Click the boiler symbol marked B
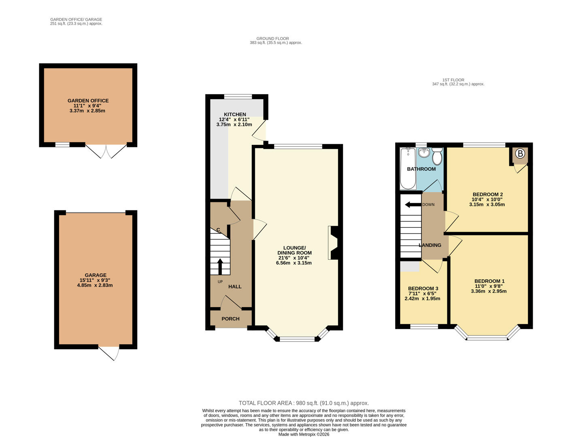pyautogui.click(x=520, y=154)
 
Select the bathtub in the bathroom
pyautogui.click(x=407, y=169)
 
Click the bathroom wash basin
pyautogui.click(x=424, y=153)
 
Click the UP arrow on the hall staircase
pyautogui.click(x=220, y=266)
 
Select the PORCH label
pyautogui.click(x=230, y=319)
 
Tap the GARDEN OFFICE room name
pyautogui.click(x=88, y=101)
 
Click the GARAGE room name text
pyautogui.click(x=96, y=275)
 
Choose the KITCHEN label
pyautogui.click(x=235, y=115)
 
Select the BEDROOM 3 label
pyautogui.click(x=423, y=289)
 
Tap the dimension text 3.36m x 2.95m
pyautogui.click(x=489, y=291)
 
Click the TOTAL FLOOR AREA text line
pyautogui.click(x=304, y=403)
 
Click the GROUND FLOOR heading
pyautogui.click(x=272, y=38)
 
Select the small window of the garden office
pyautogui.click(x=62, y=144)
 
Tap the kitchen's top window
pyautogui.click(x=238, y=96)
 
